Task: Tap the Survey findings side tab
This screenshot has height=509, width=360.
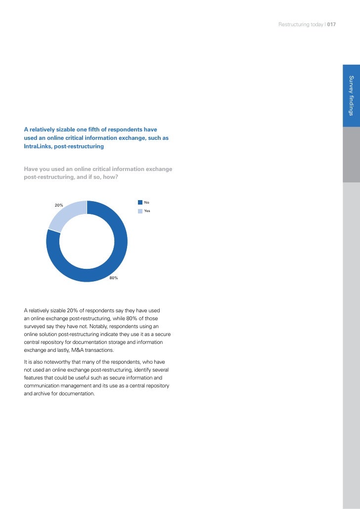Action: pos(351,96)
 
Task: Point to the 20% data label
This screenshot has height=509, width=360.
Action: pos(59,205)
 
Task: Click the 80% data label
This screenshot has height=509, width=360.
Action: pos(114,278)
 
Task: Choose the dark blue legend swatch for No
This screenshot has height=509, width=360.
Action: pos(140,202)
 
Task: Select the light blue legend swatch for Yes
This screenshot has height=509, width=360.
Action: pos(140,211)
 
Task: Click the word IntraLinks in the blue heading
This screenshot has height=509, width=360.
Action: pos(39,147)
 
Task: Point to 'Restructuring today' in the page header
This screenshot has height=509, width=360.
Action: pos(301,25)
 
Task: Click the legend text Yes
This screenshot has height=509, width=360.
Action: pos(147,211)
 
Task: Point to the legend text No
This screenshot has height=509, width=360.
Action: pos(146,202)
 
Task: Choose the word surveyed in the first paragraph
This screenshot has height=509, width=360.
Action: pos(36,326)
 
